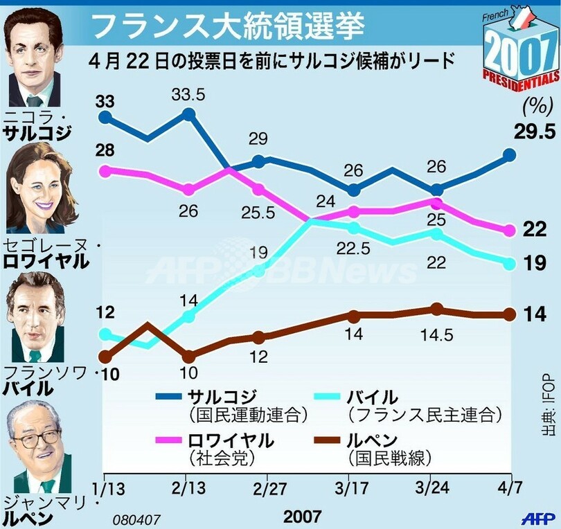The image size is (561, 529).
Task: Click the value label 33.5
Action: (188, 94)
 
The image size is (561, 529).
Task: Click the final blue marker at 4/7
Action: (510, 154)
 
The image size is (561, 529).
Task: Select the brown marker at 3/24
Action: (436, 309)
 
